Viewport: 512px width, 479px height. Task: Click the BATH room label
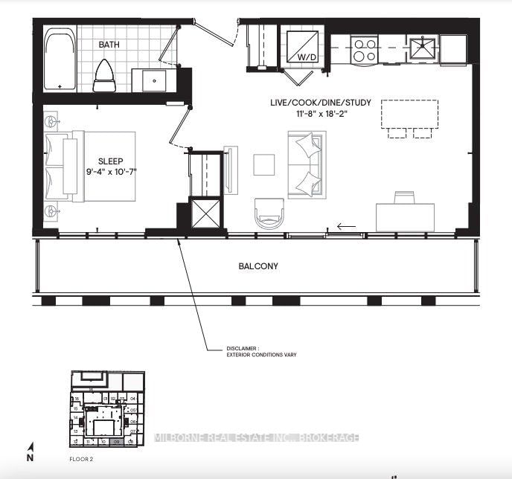110,45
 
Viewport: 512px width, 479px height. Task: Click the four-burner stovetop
365,50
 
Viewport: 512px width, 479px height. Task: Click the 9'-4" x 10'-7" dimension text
110,172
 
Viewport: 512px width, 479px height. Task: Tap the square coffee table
264,164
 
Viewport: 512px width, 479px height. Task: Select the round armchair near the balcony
269,213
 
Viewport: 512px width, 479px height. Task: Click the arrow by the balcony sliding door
346,227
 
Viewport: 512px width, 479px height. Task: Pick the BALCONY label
258,266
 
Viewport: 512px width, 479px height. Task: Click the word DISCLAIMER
243,348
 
